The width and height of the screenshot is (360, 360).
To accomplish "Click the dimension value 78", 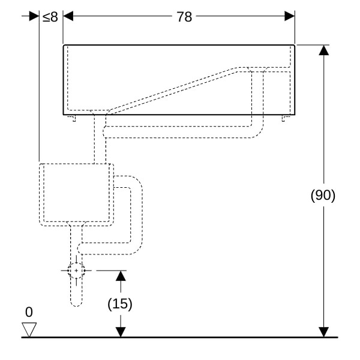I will click(x=184, y=17).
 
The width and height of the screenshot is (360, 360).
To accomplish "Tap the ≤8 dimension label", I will click(x=50, y=17).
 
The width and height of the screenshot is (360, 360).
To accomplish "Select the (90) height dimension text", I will click(x=323, y=196).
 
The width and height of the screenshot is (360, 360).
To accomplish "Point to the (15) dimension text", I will click(x=120, y=304).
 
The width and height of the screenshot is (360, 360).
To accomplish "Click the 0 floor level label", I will click(x=29, y=312).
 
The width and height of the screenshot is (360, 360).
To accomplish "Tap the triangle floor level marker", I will click(x=29, y=329).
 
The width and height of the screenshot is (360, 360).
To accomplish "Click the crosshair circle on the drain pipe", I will click(x=76, y=271).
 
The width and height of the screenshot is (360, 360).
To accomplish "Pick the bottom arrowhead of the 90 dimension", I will click(x=324, y=332).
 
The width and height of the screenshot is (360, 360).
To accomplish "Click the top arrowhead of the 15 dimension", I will click(x=121, y=275).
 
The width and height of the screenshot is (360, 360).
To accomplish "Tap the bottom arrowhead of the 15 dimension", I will click(x=121, y=332).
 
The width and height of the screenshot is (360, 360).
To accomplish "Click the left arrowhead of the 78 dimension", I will click(x=68, y=16).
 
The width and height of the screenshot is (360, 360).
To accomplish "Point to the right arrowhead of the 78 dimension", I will click(x=290, y=16).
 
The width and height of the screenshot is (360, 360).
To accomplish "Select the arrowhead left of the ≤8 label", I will click(x=34, y=16).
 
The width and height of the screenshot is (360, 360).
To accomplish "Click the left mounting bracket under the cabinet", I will click(x=73, y=118).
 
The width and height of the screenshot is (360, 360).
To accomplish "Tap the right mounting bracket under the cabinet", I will click(x=285, y=118).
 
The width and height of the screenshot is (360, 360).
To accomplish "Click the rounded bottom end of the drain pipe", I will click(x=76, y=302).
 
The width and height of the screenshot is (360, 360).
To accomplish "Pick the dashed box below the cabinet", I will click(x=76, y=193).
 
